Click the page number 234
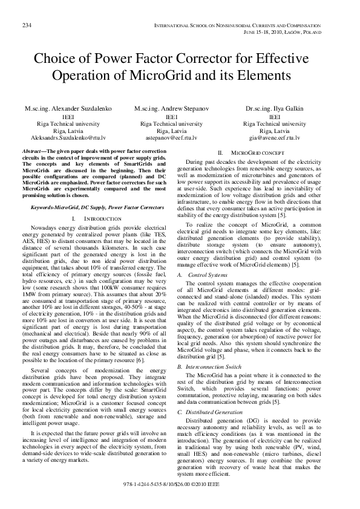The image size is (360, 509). [27, 25]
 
